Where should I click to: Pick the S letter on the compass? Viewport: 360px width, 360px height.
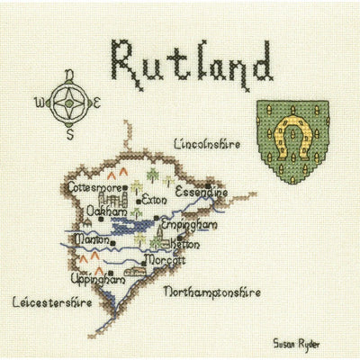[x=69, y=135]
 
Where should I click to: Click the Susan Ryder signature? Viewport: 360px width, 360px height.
[x=297, y=343]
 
